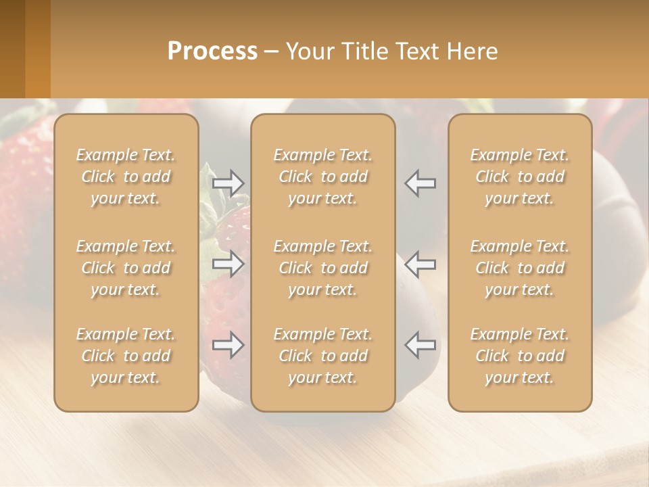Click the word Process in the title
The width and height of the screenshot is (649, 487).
[212, 51]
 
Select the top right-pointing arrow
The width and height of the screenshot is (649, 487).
[229, 183]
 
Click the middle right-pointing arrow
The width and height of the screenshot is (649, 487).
[229, 264]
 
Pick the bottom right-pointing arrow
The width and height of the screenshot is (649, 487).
[229, 345]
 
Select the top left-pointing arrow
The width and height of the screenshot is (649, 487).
[420, 183]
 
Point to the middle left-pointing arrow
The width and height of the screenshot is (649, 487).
[420, 264]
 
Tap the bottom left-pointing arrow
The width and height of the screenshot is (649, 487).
[420, 345]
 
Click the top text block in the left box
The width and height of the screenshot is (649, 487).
[126, 177]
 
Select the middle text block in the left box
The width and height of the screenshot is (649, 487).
[126, 268]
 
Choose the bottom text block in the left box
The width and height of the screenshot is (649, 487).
[126, 356]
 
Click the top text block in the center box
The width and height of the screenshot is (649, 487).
[322, 177]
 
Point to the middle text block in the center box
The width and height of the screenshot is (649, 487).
[322, 268]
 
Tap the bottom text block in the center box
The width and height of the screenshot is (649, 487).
[322, 356]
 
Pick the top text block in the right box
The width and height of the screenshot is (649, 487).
[520, 177]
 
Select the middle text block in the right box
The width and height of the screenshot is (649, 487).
[520, 268]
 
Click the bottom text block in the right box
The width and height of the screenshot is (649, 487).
[520, 356]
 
